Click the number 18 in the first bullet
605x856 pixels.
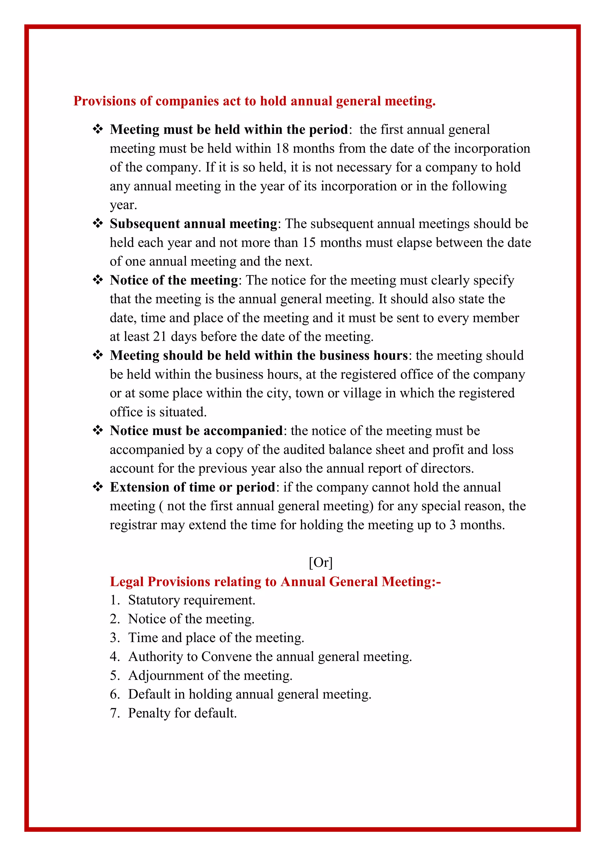282,149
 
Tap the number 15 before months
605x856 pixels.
309,243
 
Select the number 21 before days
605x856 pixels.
160,337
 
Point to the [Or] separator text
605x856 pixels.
321,562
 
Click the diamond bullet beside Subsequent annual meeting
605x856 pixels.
97,223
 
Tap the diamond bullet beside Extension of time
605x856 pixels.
97,487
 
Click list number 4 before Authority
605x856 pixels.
114,656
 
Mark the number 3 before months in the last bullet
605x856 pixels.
452,525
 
